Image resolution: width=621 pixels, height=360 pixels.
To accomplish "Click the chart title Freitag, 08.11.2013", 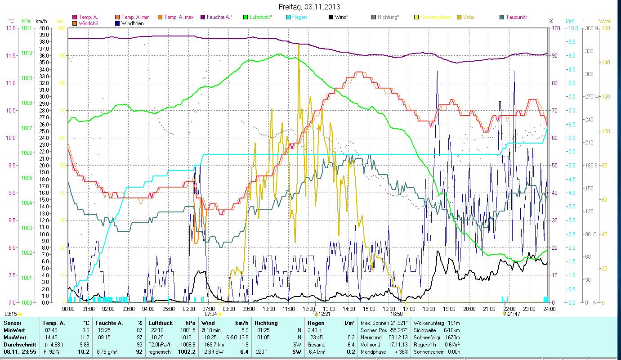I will pos(309,7).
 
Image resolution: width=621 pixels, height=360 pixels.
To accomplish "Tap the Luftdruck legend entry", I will pos(260,17).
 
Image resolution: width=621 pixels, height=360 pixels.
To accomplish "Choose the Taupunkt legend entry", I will pos(516,17).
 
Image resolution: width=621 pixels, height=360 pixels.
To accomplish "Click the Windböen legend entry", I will pos(133,23).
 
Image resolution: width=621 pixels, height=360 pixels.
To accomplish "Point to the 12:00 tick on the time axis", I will pos(309,309).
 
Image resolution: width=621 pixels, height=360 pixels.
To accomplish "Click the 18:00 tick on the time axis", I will pos(429,309).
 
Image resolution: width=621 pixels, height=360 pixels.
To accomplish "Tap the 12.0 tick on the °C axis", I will pos(10,28).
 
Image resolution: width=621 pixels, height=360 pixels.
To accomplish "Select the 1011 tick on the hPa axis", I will pos(27,28).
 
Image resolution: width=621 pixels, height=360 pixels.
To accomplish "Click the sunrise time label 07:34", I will pos(210,314).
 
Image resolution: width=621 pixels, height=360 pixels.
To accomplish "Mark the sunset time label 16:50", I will pos(396,314).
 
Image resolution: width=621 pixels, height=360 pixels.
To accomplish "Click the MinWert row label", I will pos(14,330).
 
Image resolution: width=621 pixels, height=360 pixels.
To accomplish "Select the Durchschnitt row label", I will pos(19,344).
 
